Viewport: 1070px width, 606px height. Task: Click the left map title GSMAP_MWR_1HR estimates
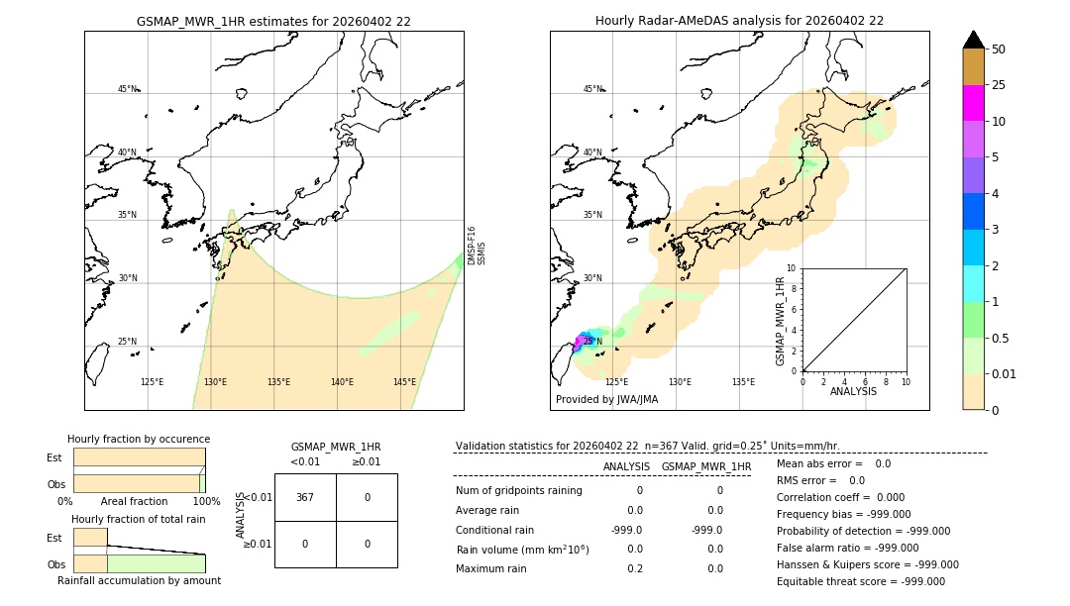273,21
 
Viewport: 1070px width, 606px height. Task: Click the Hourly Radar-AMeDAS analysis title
739,21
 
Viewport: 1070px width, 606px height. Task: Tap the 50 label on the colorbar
999,50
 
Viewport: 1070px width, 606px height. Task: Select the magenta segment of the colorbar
973,103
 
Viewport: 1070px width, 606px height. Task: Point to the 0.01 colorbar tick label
1005,374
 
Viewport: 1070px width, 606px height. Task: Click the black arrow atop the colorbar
973,40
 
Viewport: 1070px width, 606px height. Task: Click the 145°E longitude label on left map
404,382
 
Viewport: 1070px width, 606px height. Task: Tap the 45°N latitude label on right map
592,89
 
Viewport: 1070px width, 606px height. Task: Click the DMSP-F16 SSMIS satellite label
476,246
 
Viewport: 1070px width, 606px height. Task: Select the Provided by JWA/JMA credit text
606,400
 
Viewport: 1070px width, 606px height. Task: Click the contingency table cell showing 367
305,497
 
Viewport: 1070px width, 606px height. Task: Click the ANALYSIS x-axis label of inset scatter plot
854,392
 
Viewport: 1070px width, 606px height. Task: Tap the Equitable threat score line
860,581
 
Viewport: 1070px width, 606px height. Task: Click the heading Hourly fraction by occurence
139,439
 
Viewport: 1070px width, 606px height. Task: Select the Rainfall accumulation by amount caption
139,580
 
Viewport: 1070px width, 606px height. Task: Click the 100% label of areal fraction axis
206,502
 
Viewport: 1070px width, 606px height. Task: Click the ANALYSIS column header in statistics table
626,466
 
